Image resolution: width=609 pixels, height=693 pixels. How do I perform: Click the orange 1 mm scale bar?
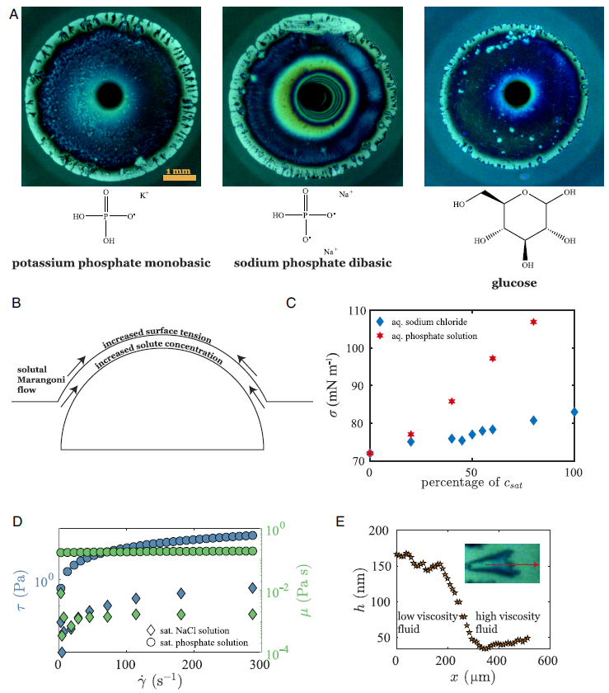[180, 174]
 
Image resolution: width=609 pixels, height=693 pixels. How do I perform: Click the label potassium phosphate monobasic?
[110, 263]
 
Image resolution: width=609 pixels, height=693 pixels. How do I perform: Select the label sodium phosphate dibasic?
[312, 263]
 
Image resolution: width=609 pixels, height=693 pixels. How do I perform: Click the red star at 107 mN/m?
[533, 322]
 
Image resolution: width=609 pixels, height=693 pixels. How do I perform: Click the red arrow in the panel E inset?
[511, 565]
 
